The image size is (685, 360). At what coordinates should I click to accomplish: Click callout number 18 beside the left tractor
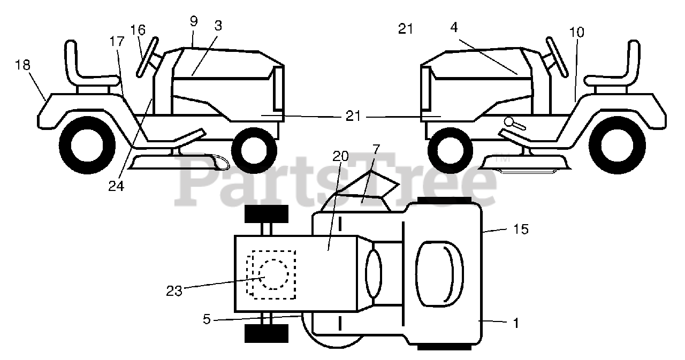(x=23, y=65)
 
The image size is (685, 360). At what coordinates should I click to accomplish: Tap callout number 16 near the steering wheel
(x=138, y=29)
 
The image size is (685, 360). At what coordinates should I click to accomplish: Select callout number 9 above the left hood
(x=194, y=21)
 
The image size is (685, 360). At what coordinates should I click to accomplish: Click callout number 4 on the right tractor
(x=454, y=28)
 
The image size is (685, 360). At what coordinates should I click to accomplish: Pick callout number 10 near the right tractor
(x=576, y=32)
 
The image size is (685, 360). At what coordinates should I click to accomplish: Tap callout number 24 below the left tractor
(x=117, y=186)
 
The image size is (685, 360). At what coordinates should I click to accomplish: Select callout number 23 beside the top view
(x=174, y=290)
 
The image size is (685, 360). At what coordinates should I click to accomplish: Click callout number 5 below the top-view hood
(x=207, y=319)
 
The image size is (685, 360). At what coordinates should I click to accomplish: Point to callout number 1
(x=515, y=323)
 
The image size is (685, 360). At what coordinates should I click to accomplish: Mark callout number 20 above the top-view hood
(x=340, y=156)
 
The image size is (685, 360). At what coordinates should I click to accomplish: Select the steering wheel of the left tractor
(x=146, y=56)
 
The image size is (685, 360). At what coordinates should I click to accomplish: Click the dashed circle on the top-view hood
(x=273, y=274)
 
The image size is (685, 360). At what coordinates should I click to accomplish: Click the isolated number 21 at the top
(x=406, y=29)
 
